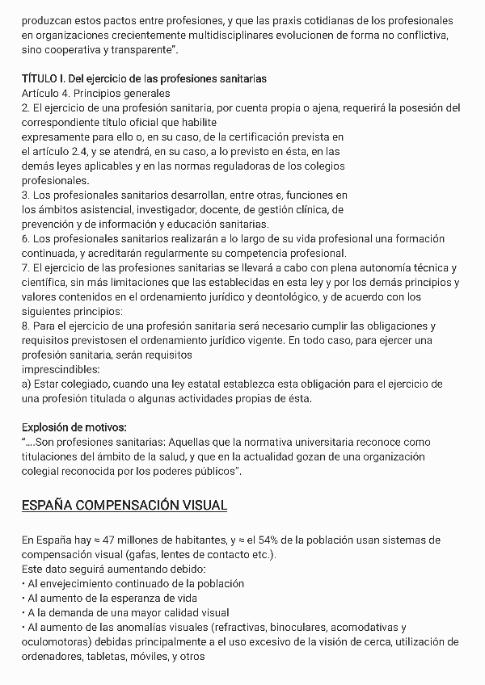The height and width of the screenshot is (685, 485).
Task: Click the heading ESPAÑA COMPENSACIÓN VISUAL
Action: pyautogui.click(x=124, y=506)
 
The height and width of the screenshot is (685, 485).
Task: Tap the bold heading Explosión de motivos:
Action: pyautogui.click(x=74, y=427)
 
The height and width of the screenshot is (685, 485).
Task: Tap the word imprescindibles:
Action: pyautogui.click(x=59, y=369)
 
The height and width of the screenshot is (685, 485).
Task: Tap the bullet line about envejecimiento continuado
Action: pyautogui.click(x=136, y=583)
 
